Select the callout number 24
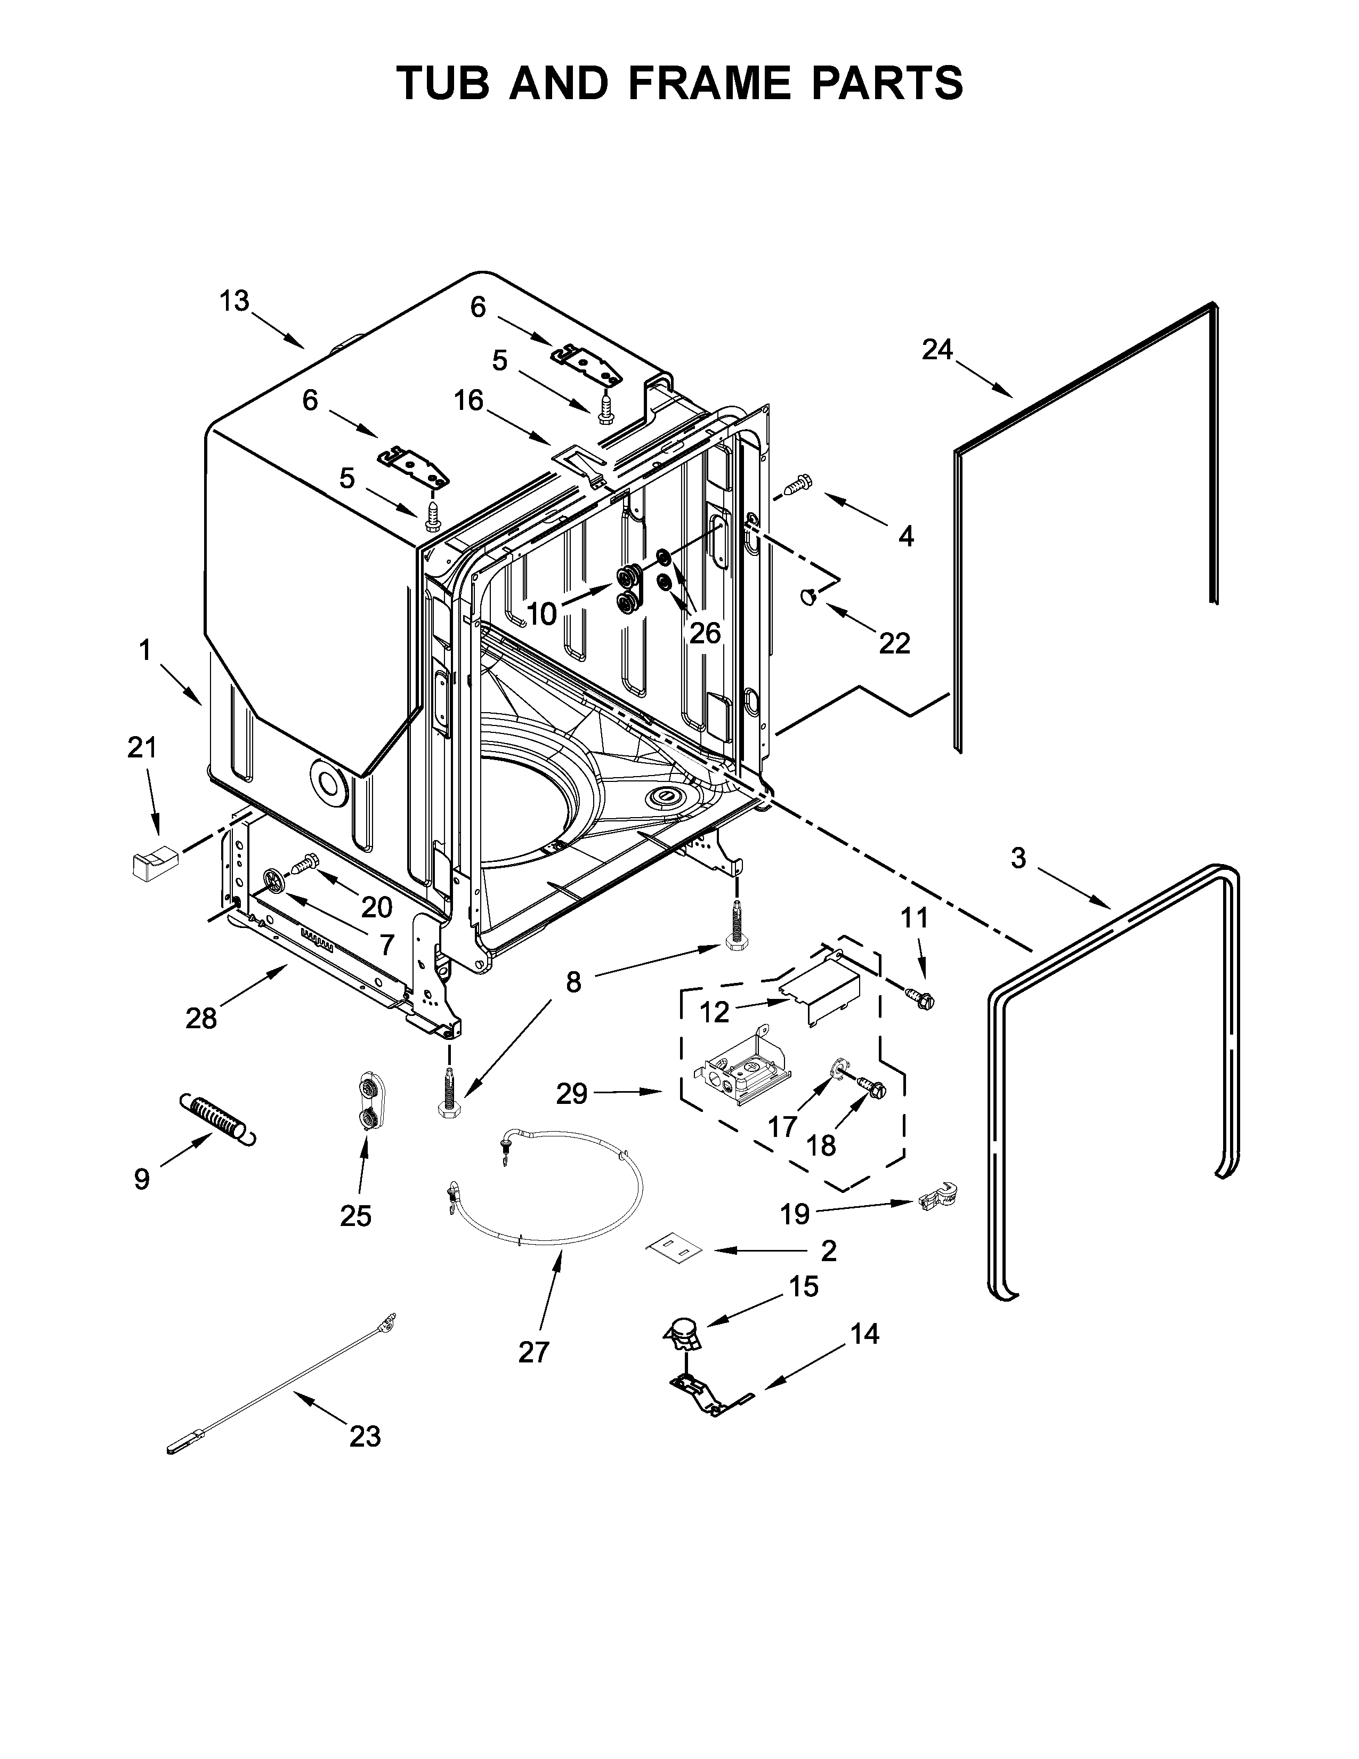[937, 350]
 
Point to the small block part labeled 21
[152, 864]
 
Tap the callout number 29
[572, 1094]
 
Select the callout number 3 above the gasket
[1018, 859]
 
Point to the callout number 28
[201, 1019]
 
